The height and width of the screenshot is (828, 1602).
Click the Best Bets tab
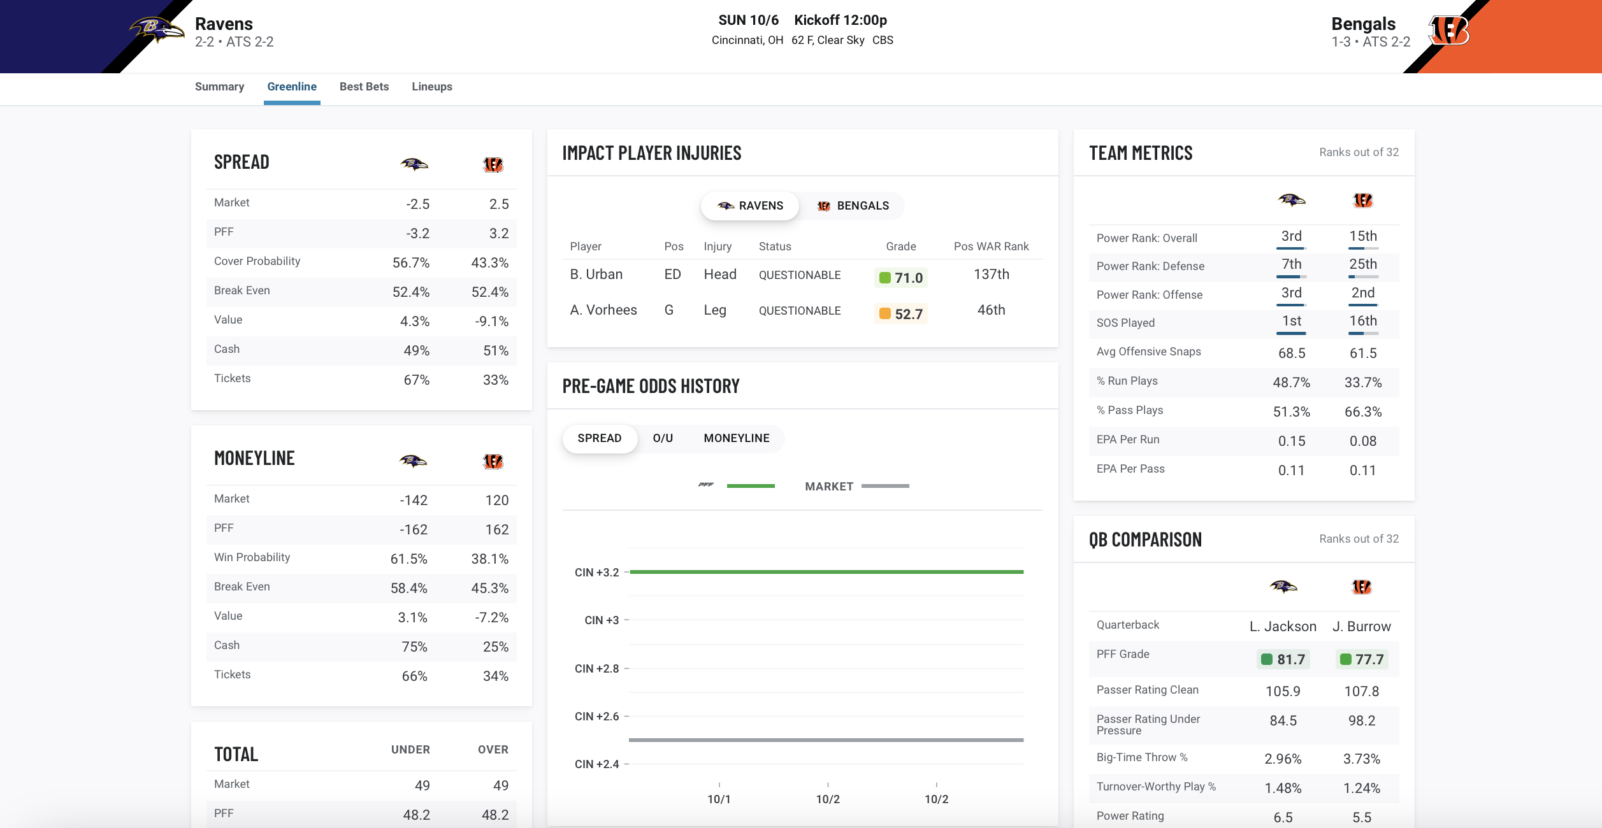(x=364, y=87)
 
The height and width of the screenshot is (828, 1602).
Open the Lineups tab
(x=431, y=87)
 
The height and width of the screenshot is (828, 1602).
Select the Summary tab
(x=219, y=87)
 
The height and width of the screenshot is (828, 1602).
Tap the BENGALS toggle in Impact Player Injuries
(x=853, y=206)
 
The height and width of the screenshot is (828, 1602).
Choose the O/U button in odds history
(x=663, y=438)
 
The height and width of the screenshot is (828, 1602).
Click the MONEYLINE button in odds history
(x=736, y=438)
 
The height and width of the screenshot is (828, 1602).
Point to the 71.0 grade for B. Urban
(x=901, y=278)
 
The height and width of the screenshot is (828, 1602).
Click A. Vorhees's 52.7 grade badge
(x=901, y=314)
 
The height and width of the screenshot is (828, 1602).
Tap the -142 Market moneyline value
(x=413, y=501)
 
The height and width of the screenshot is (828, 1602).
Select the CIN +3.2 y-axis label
(x=596, y=573)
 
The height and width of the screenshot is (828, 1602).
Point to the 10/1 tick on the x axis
(x=719, y=799)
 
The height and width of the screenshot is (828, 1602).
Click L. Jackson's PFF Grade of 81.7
(x=1283, y=659)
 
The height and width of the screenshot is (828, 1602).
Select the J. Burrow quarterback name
(x=1361, y=627)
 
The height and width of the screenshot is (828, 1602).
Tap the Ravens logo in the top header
(x=155, y=29)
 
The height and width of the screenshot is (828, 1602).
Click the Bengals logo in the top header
(x=1448, y=30)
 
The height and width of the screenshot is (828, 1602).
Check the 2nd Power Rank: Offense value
(x=1362, y=293)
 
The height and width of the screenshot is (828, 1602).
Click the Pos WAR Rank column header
(x=991, y=246)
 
